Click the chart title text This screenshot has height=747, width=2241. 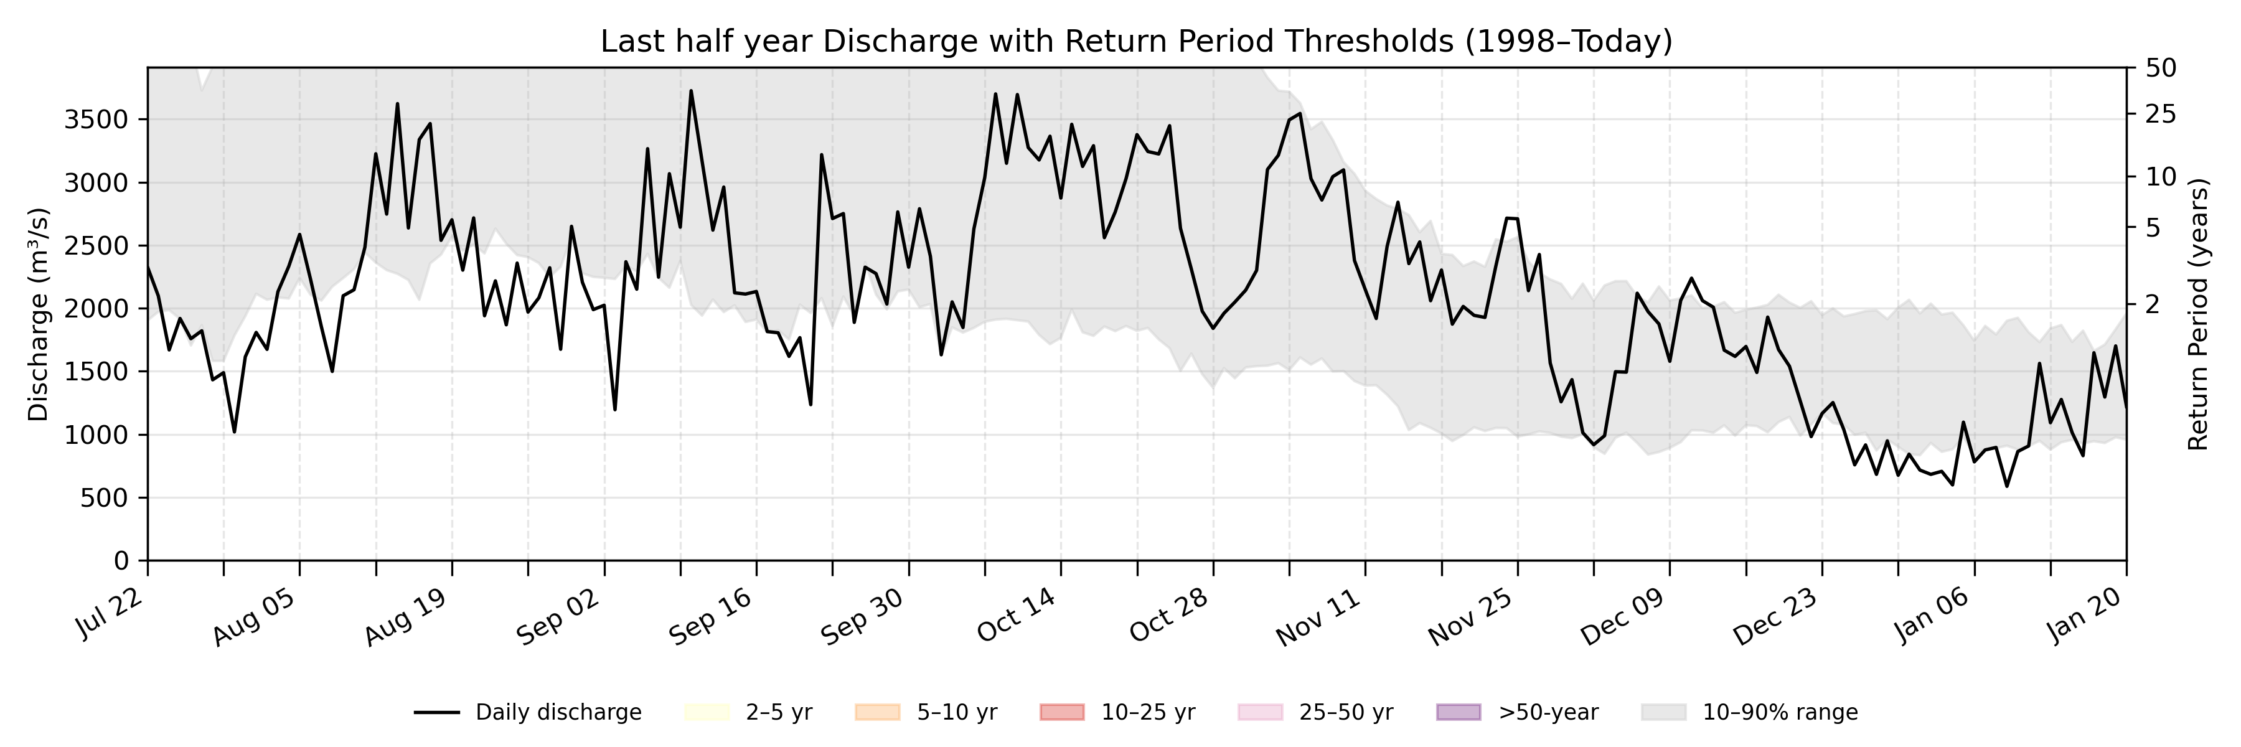point(1136,41)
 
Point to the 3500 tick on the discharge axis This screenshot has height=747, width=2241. point(96,119)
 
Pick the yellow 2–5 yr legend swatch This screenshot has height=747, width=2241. point(707,712)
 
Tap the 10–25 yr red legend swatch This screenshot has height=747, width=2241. point(1061,712)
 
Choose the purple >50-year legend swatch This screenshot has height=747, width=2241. point(1458,712)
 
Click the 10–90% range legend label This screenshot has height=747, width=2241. point(1780,712)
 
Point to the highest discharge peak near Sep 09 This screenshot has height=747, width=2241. point(691,90)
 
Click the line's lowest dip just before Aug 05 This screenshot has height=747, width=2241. point(234,431)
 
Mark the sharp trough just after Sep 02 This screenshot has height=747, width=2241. point(615,410)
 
